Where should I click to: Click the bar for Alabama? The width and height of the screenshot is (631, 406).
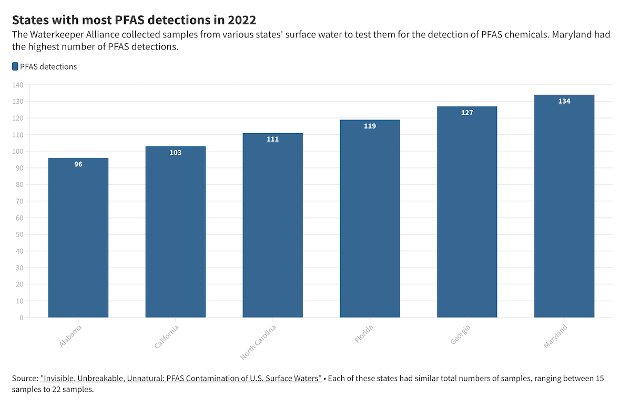pos(78,237)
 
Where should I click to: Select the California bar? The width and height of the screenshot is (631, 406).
pos(176,232)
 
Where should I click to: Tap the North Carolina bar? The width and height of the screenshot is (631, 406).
pos(273,225)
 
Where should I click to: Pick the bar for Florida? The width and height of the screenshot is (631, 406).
pos(370,219)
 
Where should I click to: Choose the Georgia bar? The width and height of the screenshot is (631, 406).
pos(467,212)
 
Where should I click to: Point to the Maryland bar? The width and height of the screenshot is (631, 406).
pos(564,206)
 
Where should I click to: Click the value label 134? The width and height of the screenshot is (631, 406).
pos(564,101)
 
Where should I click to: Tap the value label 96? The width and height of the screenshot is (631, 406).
pos(78,164)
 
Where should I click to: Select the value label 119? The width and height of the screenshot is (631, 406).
pos(370,126)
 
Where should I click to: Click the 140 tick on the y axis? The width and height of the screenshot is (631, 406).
pos(18,85)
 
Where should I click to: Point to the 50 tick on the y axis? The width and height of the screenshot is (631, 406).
pos(20,234)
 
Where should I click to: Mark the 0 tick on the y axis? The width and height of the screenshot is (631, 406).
pos(22,318)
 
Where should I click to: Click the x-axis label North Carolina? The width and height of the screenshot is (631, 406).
pos(258,342)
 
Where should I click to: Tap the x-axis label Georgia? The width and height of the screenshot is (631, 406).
pos(460,334)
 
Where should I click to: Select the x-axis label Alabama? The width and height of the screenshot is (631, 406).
pos(70,336)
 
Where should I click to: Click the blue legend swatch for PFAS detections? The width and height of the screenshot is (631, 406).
pos(15,66)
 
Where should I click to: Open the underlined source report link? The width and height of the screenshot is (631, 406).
pos(181,378)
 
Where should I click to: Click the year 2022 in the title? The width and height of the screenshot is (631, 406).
pos(242,20)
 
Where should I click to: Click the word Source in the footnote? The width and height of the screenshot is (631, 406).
pos(25,378)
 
